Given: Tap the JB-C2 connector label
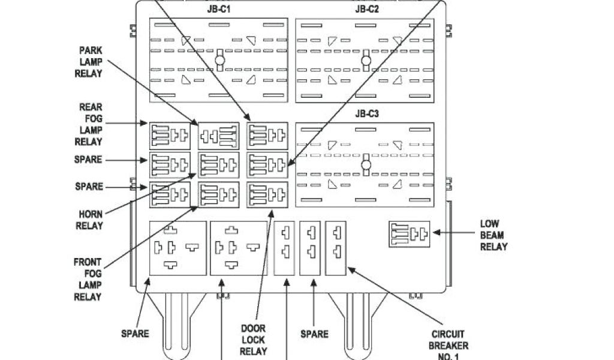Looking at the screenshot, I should click(x=366, y=9).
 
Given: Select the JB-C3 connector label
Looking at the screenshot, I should click(x=366, y=113).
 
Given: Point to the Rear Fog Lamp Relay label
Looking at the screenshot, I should click(x=88, y=125).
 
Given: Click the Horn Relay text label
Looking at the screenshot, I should click(x=90, y=220).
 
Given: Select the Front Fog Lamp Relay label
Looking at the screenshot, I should click(x=88, y=279).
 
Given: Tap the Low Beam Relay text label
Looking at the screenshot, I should click(x=493, y=235).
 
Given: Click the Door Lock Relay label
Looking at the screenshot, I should click(x=253, y=340).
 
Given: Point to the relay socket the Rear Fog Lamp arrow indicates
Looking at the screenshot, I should click(x=170, y=136).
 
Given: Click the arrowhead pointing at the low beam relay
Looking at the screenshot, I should click(x=436, y=232).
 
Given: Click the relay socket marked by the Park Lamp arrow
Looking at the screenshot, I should click(x=219, y=136).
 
